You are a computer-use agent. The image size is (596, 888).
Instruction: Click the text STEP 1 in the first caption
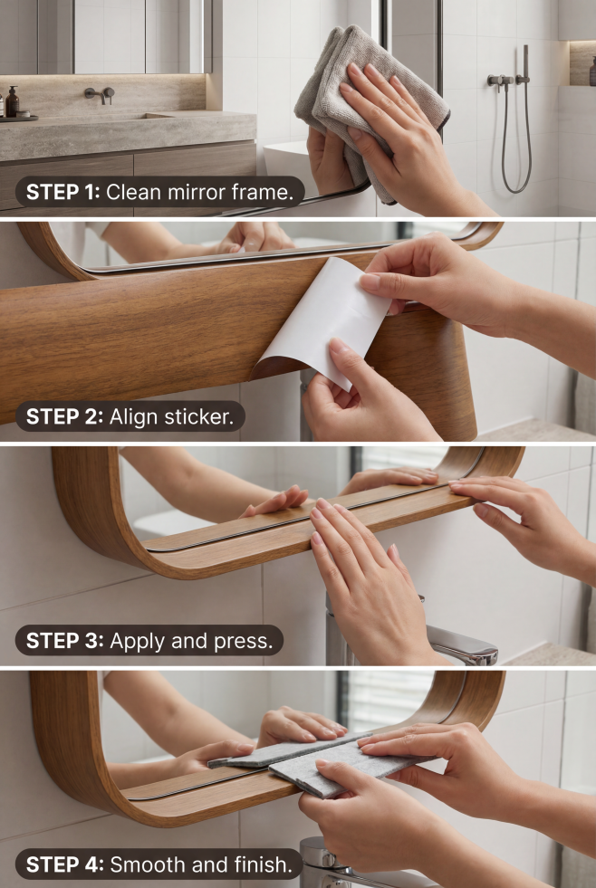tap(62, 193)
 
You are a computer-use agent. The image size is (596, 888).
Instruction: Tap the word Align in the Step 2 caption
tap(134, 417)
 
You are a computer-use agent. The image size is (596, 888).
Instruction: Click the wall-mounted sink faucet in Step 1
tap(100, 94)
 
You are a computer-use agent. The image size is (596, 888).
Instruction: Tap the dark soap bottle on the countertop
tap(13, 102)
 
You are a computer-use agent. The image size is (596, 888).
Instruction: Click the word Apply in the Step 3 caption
tap(137, 642)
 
